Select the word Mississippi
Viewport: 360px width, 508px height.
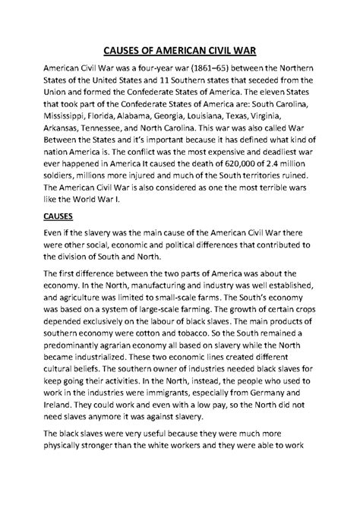tap(71, 124)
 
